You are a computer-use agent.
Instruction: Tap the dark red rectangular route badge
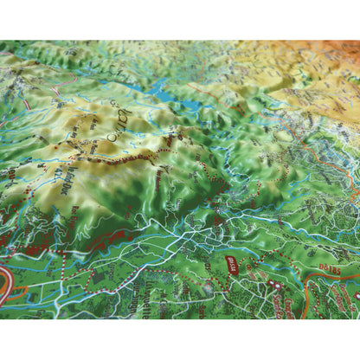(x=231, y=261)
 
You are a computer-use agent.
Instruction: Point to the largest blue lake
(x=157, y=89)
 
